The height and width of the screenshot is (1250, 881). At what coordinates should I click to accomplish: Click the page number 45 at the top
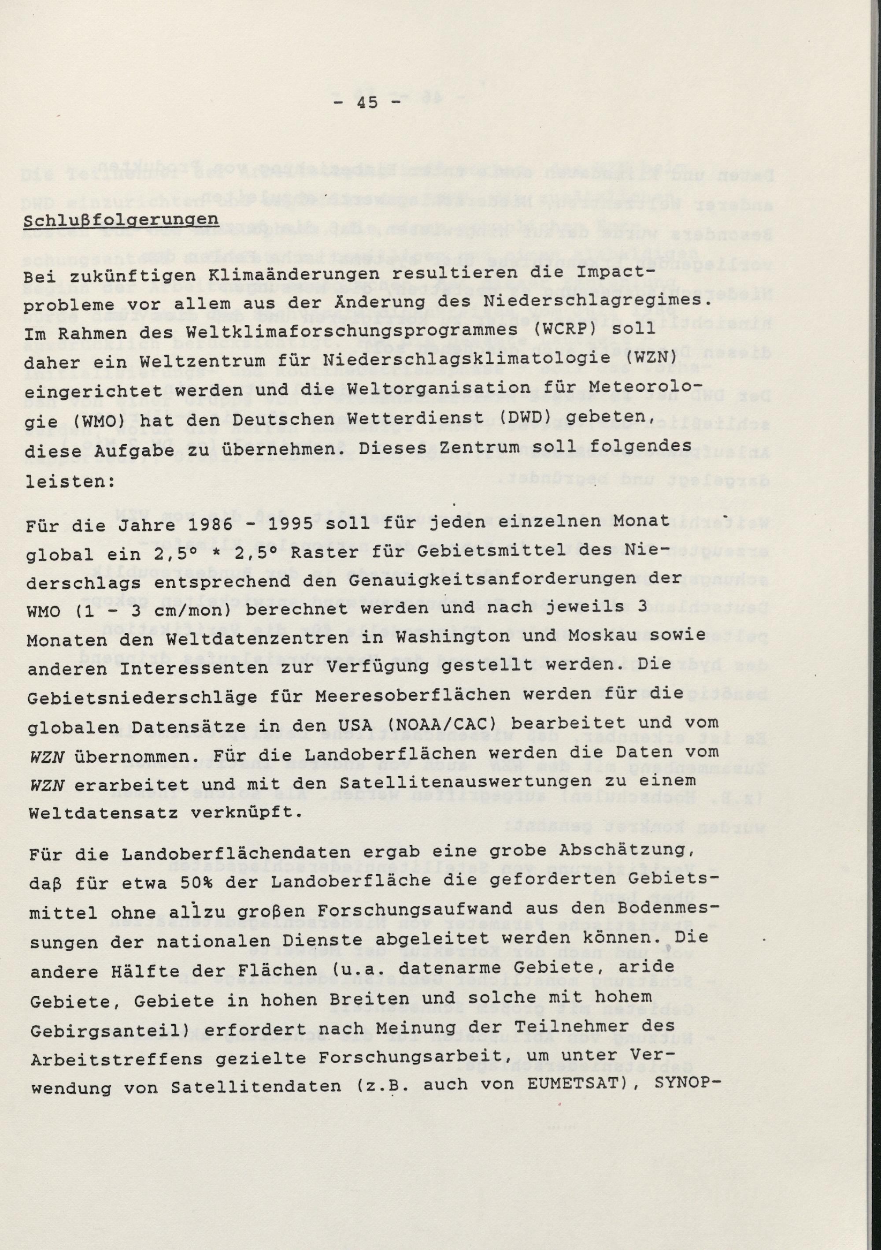click(368, 102)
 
